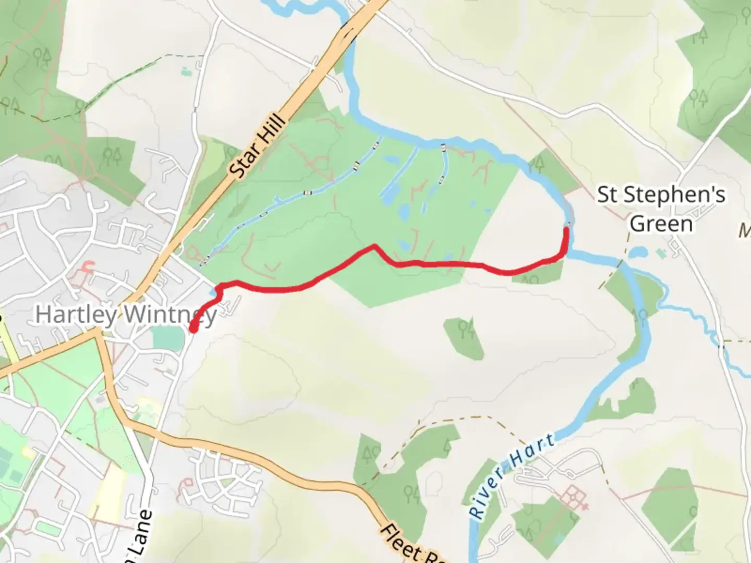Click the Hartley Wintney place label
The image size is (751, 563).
click(x=125, y=315)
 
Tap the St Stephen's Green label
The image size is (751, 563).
click(x=661, y=209)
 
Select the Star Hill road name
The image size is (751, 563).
click(x=258, y=147)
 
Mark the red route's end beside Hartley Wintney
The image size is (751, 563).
click(x=193, y=329)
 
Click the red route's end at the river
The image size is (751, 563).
click(x=566, y=229)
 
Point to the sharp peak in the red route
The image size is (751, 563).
click(x=374, y=246)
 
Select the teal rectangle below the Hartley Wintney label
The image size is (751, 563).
click(x=168, y=338)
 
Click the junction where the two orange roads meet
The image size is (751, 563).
click(x=98, y=332)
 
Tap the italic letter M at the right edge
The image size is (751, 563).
click(x=745, y=231)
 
